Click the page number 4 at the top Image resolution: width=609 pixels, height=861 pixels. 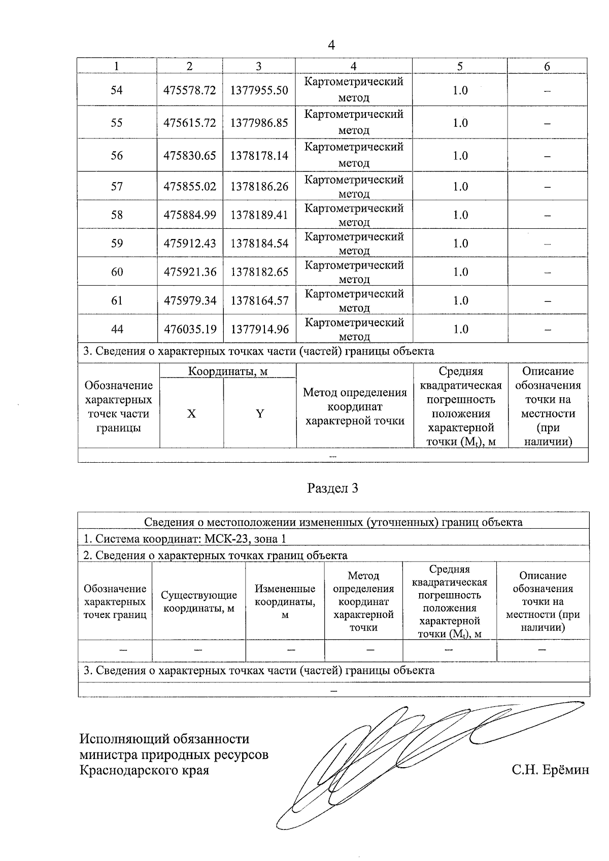pos(331,46)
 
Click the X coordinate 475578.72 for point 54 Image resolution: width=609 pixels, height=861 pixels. pos(190,90)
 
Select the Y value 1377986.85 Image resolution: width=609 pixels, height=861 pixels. pos(259,123)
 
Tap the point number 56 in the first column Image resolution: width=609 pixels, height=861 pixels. pos(117,156)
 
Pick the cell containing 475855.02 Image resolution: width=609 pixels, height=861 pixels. pos(190,187)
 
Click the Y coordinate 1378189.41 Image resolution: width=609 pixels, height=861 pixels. pos(259,215)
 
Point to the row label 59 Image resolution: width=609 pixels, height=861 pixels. pos(117,244)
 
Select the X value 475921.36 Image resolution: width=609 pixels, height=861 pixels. pos(190,272)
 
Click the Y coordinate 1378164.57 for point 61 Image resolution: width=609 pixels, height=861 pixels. pos(259,301)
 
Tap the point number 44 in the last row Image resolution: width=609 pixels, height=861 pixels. pos(117,329)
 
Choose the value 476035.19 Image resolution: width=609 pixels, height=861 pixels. pos(190,329)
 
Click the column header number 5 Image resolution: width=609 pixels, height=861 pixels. pos(460,66)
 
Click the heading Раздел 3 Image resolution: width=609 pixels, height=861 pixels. pos(333,489)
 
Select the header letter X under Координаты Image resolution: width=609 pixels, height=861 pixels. pos(191,414)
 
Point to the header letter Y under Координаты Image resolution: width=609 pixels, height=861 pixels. pos(260,414)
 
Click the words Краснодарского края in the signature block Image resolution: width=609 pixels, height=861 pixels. pos(145,770)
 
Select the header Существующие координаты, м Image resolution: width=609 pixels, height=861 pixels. pos(198,602)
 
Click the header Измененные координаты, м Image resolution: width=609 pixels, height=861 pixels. pos(285,602)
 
